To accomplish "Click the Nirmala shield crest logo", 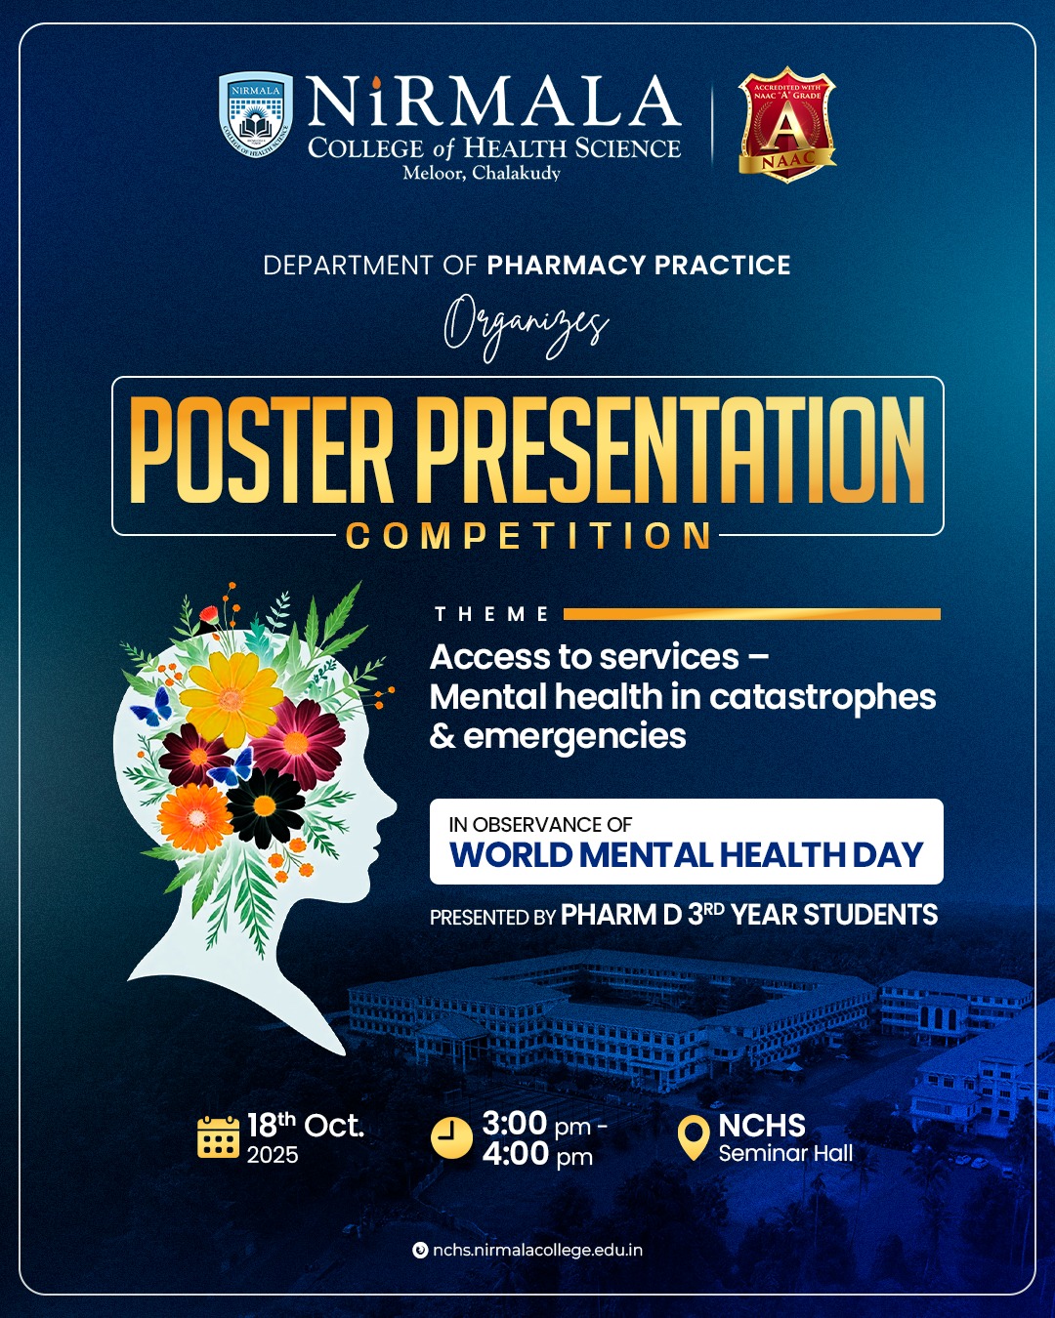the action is [256, 114].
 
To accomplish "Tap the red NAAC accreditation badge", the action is [787, 125].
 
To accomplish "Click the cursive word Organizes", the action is [526, 328].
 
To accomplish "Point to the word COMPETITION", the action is [527, 536].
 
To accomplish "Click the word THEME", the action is [491, 614].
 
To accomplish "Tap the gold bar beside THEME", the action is [751, 614].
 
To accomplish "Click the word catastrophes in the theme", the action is [823, 698].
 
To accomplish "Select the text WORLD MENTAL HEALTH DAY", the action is [687, 854].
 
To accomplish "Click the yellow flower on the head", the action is [232, 699].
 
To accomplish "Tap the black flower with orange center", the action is [266, 806].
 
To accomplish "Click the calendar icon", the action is [218, 1136].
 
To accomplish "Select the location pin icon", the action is [694, 1137].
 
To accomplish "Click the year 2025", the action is [273, 1155].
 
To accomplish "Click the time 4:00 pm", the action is [537, 1155].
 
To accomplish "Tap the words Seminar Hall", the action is [786, 1153].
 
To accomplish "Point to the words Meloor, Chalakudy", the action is [482, 173].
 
